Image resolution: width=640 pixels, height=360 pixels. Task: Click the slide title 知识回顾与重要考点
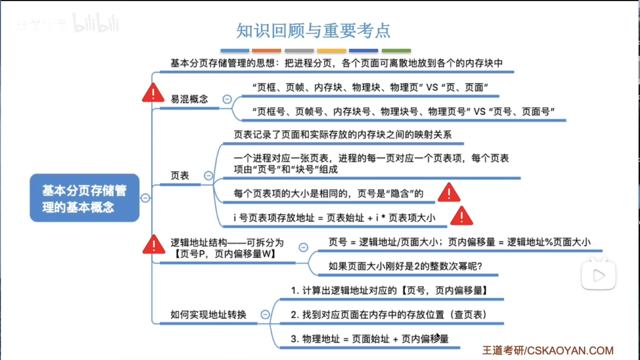tap(313, 31)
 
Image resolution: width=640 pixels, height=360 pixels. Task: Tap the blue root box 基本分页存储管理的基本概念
tap(84, 198)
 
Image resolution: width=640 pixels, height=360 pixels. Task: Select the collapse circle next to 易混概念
tap(227, 99)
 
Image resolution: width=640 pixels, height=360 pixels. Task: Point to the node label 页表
tap(180, 175)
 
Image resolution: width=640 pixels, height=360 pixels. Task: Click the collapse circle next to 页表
tap(208, 175)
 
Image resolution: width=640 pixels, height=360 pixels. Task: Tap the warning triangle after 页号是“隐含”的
tap(449, 193)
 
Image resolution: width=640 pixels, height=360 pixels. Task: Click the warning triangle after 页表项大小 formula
tap(461, 216)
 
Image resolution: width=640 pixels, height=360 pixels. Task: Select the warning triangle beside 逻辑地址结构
tap(153, 245)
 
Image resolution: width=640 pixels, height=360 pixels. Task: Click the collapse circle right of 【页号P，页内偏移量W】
tap(303, 247)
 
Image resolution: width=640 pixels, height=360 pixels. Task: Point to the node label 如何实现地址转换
tap(208, 314)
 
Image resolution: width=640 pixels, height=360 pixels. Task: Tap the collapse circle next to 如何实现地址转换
tap(265, 314)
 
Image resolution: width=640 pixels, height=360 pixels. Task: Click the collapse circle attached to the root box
tap(145, 198)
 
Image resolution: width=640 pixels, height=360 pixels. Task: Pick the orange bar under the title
tap(266, 51)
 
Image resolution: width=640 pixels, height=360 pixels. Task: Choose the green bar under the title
tap(396, 51)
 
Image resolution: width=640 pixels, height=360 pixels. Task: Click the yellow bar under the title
tap(331, 51)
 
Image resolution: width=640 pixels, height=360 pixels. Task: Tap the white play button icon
tap(599, 275)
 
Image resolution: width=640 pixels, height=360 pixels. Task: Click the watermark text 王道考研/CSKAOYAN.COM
tap(548, 350)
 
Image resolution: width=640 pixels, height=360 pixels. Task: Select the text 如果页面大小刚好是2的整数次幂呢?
tap(405, 266)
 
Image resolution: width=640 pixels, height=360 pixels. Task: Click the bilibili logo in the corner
tap(96, 23)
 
